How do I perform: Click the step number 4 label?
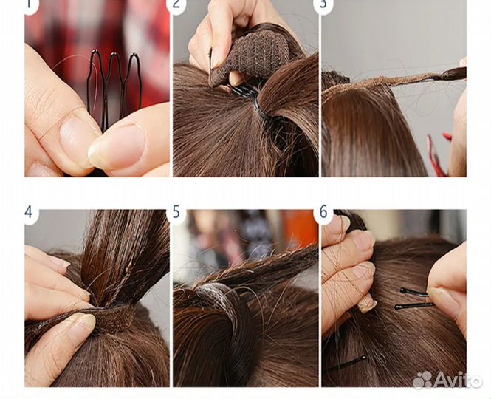click(x=28, y=212)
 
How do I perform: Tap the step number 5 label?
click(x=176, y=212)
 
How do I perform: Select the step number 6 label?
click(x=323, y=212)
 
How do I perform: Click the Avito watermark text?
click(x=458, y=380)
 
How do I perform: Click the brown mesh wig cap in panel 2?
click(x=250, y=56)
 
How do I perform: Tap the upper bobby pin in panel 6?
click(x=414, y=292)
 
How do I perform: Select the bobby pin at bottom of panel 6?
click(x=347, y=364)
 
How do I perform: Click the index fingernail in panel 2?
click(x=216, y=58)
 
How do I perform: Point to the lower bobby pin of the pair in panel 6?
click(x=414, y=306)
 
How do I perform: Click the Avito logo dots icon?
click(x=422, y=380)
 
